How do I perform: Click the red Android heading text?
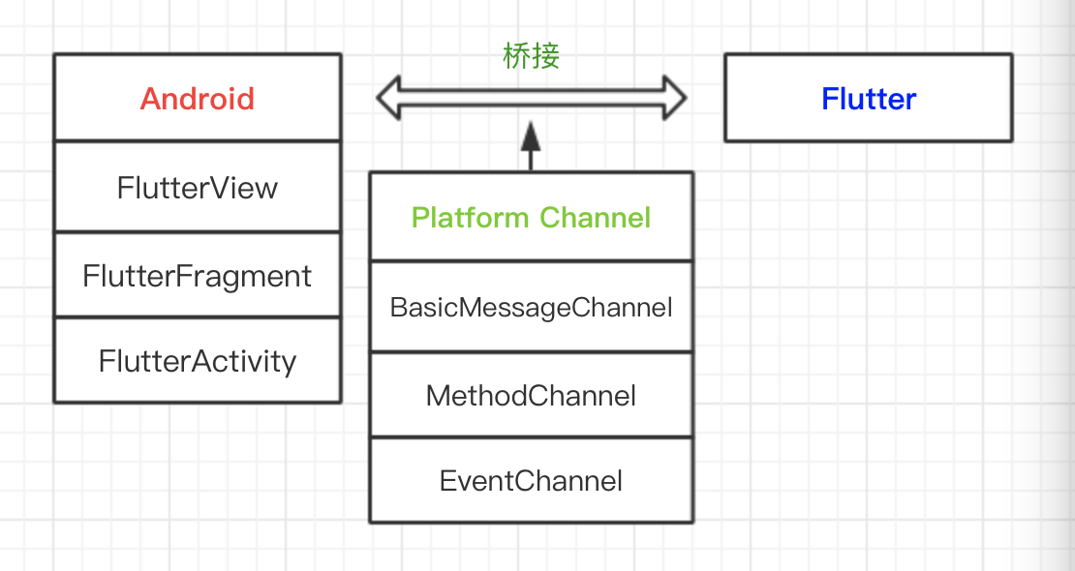coord(198,99)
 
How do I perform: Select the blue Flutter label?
coord(869,99)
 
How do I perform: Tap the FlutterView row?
coord(198,187)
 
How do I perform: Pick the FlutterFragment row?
coord(198,276)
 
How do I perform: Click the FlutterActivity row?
coord(198,361)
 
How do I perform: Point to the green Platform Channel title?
coord(531,217)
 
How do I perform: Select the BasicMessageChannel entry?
coord(531,308)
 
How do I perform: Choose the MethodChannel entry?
coord(531,395)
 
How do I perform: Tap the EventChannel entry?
coord(531,480)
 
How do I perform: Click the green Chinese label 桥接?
coord(531,56)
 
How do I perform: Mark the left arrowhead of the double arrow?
coord(388,98)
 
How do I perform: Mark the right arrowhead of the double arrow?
coord(674,98)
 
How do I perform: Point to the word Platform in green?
coord(471,218)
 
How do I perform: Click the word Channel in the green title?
coord(595,217)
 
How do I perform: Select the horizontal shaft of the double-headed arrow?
coord(531,98)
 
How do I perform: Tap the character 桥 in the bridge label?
coord(517,56)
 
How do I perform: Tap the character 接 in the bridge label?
coord(545,56)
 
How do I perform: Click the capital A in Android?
coord(151,99)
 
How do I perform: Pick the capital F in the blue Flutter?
coord(829,99)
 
